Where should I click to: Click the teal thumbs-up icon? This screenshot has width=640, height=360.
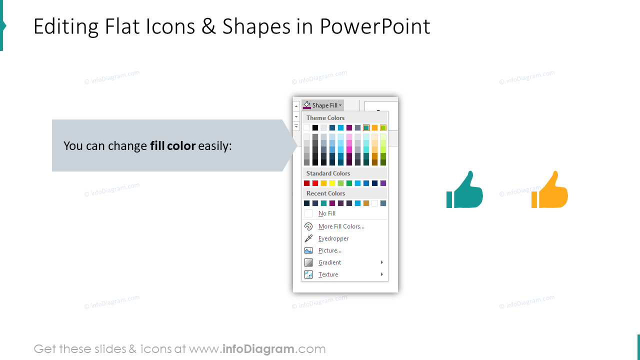pos(464,190)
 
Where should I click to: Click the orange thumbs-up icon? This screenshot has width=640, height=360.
pos(549,190)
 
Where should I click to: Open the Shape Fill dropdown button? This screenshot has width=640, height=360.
pos(323,105)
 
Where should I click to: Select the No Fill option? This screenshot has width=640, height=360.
pos(327,213)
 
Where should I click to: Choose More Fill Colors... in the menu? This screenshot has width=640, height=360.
pos(341,226)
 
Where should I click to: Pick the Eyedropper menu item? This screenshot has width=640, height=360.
pos(333,238)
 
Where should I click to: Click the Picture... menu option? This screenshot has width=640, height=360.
pos(329,250)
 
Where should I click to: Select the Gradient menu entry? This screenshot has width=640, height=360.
pos(329,262)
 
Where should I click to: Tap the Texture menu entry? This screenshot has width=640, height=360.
pos(328,274)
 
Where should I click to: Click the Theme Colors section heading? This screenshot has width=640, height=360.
pos(325,118)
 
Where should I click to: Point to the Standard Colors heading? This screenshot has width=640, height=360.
pos(328,173)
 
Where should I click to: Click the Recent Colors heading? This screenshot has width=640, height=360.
pos(325,193)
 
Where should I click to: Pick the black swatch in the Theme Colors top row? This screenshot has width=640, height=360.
pos(315,128)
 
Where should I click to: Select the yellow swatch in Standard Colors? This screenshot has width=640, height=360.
pos(332,183)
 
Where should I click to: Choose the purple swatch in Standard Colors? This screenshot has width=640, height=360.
pos(383,183)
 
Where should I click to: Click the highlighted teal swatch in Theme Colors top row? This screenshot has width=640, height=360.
pos(366,128)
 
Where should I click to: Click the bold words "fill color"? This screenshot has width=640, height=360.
pos(172,146)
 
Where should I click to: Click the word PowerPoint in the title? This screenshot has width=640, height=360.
pos(375,26)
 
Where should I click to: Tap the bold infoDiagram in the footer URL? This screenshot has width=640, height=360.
pos(257,349)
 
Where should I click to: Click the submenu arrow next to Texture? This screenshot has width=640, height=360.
pos(381,274)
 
